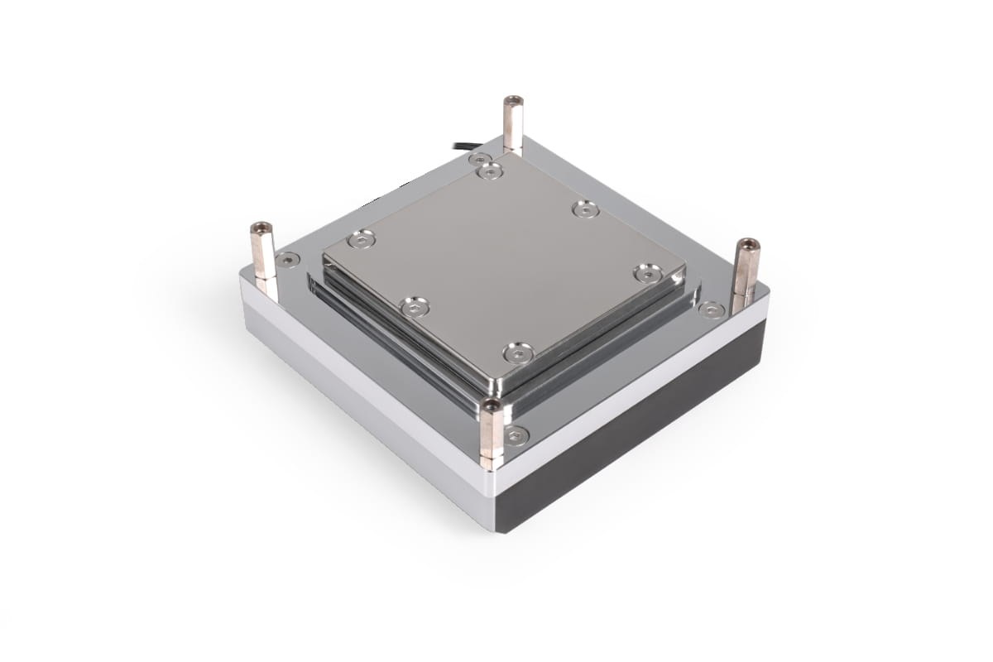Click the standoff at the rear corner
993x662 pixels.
click(x=513, y=124)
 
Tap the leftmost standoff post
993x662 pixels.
click(x=262, y=252)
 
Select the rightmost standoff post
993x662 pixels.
click(x=745, y=269)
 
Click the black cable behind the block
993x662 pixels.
click(x=464, y=146)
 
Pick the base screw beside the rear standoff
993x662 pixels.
click(x=479, y=158)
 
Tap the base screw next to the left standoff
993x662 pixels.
click(x=288, y=260)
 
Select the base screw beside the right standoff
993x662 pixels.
click(x=711, y=309)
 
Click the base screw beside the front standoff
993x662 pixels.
click(x=516, y=435)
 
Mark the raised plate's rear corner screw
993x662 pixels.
click(x=490, y=171)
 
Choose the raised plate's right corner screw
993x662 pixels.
click(x=648, y=272)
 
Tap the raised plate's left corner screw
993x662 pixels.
click(x=361, y=239)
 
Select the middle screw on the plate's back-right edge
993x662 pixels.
click(x=586, y=209)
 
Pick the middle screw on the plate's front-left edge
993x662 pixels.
click(x=415, y=308)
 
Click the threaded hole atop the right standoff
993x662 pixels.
click(x=747, y=244)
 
